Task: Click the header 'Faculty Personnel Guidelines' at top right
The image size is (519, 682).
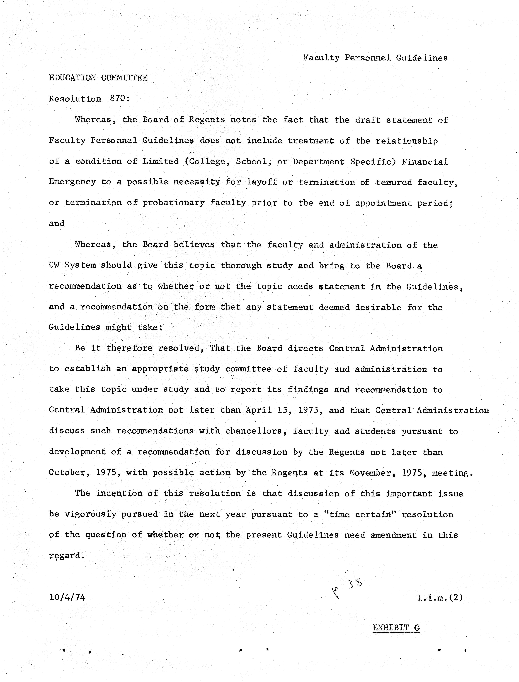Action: [x=375, y=58]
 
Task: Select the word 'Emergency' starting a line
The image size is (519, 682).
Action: [x=72, y=182]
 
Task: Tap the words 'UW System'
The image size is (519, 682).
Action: [x=72, y=265]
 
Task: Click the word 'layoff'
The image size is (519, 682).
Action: [x=262, y=182]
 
